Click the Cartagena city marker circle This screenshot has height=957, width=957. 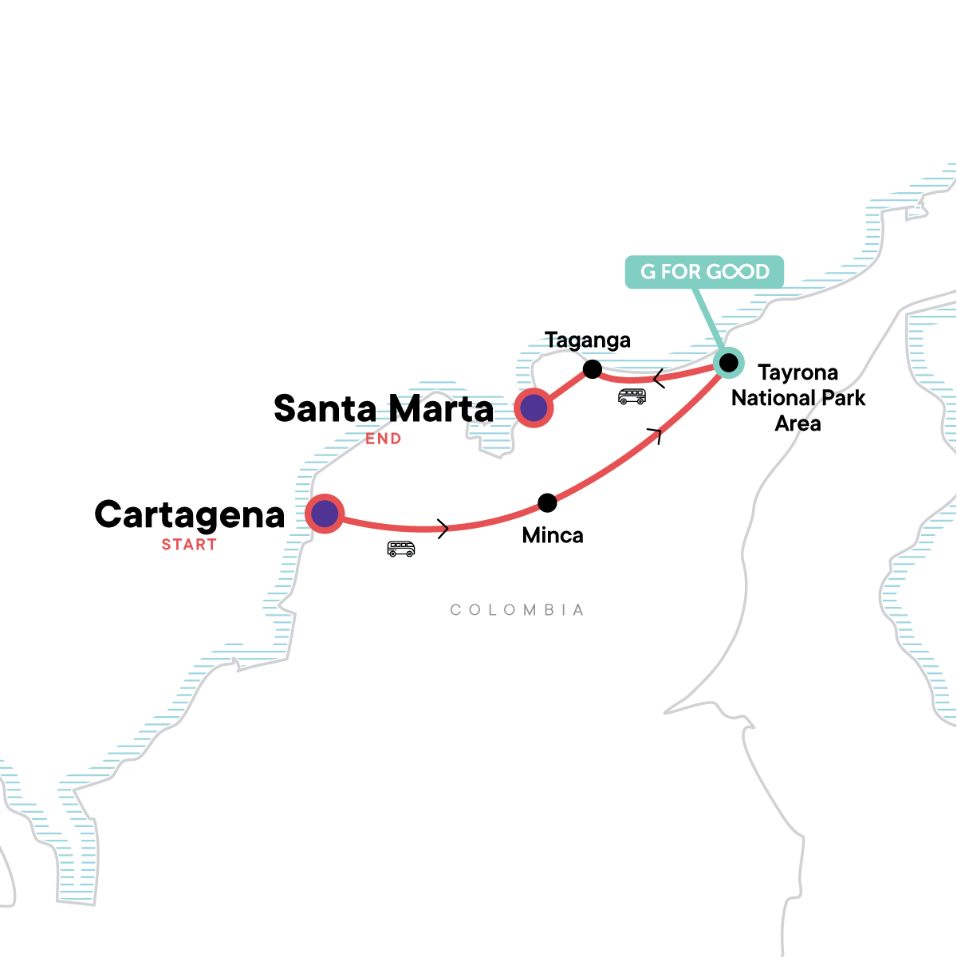tap(325, 514)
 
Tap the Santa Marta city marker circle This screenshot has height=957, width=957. tap(534, 408)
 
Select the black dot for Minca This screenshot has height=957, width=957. tap(547, 502)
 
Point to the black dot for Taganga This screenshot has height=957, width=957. tap(592, 368)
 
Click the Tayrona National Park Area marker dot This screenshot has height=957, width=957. tap(728, 363)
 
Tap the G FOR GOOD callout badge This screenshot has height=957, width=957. tap(704, 272)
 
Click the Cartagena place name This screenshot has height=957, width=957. tap(190, 515)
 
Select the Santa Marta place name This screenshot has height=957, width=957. tap(384, 409)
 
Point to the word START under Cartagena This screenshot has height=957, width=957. tap(189, 545)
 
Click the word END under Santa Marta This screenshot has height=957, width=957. tap(384, 439)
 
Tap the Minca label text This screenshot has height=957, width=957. tap(553, 535)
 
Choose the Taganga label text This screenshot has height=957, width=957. tap(588, 341)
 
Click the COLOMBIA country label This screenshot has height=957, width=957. tap(518, 610)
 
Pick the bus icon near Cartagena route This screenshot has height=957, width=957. tap(401, 549)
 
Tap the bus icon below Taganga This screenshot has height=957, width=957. tap(632, 396)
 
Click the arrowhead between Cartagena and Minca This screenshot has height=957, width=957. tap(443, 527)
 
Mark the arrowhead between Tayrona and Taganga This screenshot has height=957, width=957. tap(659, 378)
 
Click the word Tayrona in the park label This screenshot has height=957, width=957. tap(797, 373)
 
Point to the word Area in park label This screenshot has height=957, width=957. tap(797, 423)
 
